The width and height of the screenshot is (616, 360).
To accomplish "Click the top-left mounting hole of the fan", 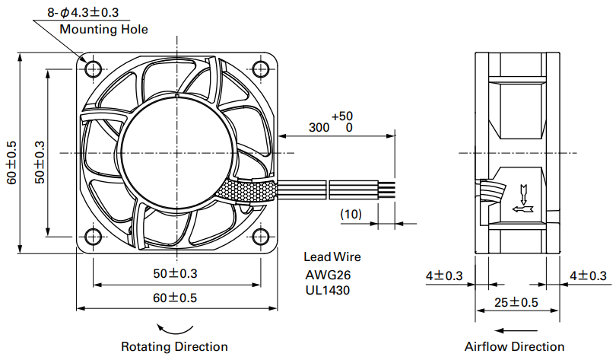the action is click(94, 69).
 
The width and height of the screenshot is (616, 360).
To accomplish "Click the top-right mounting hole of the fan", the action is click(260, 69).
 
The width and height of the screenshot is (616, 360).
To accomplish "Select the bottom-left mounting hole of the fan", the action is click(94, 237).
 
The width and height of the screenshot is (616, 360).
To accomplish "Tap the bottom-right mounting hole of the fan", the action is click(260, 237).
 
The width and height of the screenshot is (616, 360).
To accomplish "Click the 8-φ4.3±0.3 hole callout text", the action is click(83, 12).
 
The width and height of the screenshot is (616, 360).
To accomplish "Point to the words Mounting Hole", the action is click(103, 29).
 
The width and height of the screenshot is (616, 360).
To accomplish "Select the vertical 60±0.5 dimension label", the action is click(11, 162).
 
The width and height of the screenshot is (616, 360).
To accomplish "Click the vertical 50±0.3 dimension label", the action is click(40, 162).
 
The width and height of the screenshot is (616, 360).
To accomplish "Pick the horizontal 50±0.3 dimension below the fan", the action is click(175, 273).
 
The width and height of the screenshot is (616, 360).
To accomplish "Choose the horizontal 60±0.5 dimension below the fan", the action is click(175, 298).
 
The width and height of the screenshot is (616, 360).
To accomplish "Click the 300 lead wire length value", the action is click(319, 127).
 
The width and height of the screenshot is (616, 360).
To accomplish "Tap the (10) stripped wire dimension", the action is click(351, 214).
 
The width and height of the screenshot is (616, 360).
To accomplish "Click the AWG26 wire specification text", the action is click(328, 275).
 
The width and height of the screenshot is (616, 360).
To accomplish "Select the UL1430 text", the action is click(328, 290).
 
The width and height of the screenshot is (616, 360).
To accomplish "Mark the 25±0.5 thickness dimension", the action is click(516, 302).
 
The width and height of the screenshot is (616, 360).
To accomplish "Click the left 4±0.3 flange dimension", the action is click(444, 276).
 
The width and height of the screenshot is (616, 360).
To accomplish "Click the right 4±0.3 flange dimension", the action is click(589, 276).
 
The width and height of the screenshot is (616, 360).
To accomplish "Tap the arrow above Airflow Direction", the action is click(516, 330).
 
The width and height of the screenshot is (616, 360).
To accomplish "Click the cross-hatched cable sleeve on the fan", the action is click(246, 191).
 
